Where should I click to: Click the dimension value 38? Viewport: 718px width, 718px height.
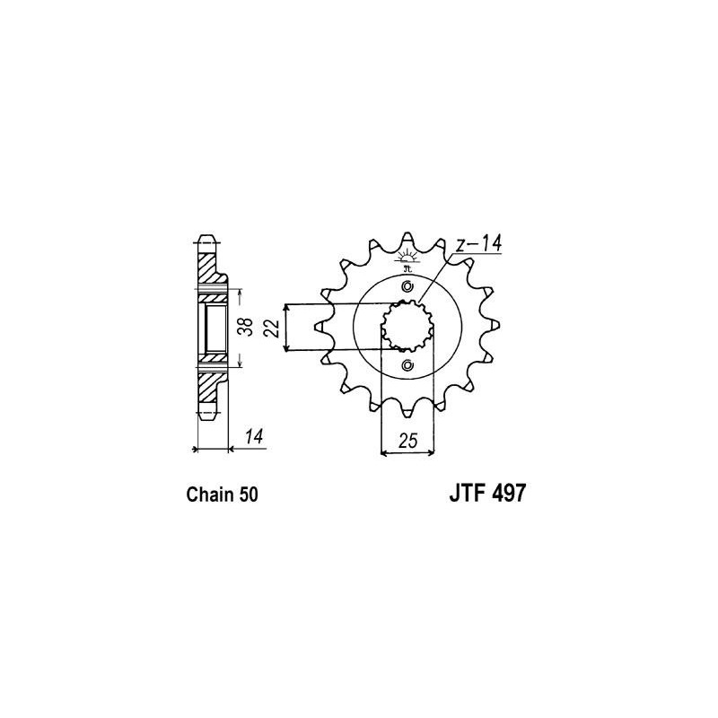[248, 327]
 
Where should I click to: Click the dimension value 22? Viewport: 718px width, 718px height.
[273, 328]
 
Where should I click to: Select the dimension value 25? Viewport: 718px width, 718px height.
[408, 441]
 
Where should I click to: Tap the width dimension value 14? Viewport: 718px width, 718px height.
[254, 436]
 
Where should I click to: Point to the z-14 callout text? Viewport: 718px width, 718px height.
[478, 243]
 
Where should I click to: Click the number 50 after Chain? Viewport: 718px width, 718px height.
[248, 495]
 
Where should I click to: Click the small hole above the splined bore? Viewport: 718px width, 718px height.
[407, 286]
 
